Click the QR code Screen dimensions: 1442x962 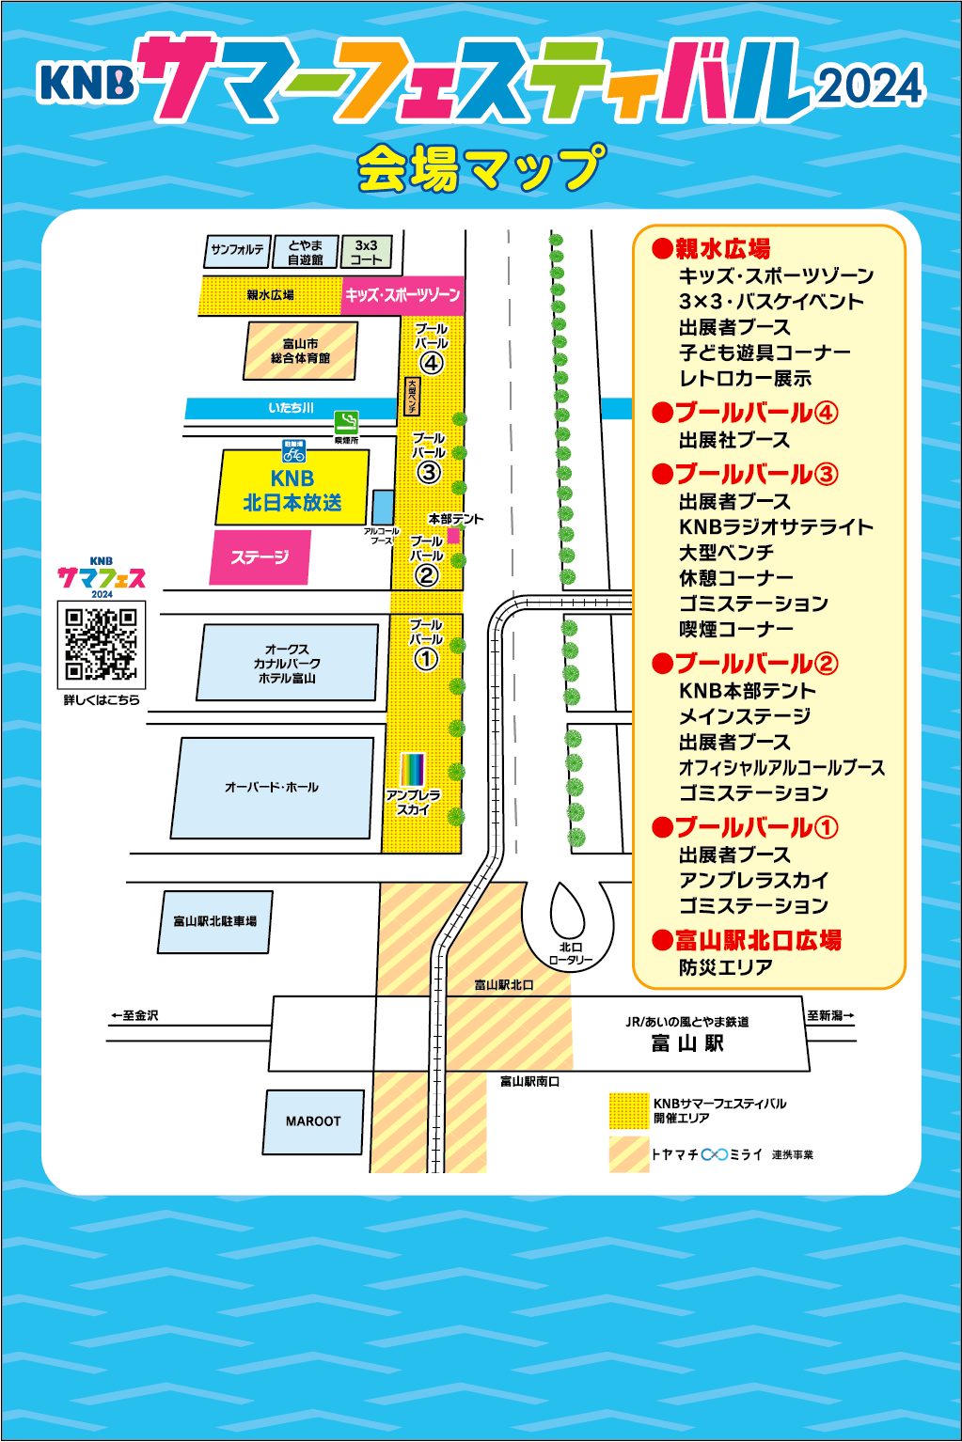pos(102,644)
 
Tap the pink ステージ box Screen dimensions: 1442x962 pos(260,557)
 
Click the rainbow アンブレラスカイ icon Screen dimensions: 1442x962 pos(413,769)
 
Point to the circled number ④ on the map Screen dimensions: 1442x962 pos(431,363)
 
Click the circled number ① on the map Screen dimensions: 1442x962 pos(426,659)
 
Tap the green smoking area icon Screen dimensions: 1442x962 pos(346,422)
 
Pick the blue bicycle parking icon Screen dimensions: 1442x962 pos(294,451)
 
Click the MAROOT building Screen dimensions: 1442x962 pos(313,1121)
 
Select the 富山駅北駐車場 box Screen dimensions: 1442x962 pos(214,921)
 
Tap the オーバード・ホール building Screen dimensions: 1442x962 pos(272,788)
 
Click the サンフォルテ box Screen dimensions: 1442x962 pos(237,251)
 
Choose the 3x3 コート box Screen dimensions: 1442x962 pos(366,252)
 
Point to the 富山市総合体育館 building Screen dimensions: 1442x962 pos(301,351)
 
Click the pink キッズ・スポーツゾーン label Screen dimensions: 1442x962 pos(402,295)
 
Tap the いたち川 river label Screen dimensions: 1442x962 pos(291,408)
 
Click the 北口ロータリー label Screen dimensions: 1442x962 pos(571,953)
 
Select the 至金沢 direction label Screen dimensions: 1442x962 pos(135,1015)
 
